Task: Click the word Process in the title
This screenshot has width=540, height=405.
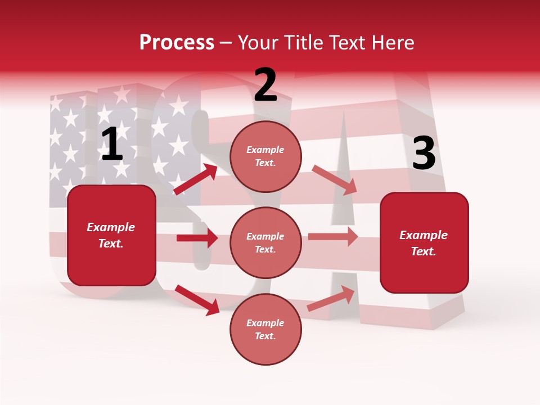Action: (x=177, y=43)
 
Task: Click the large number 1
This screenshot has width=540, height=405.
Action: (x=112, y=145)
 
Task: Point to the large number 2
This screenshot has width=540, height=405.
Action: (x=265, y=85)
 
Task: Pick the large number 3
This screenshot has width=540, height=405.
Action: (x=424, y=154)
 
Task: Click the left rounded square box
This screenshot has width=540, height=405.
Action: (x=111, y=235)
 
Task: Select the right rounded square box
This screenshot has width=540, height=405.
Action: (x=424, y=242)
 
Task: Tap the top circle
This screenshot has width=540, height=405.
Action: (x=265, y=156)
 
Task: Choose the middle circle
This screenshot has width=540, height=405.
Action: (x=265, y=242)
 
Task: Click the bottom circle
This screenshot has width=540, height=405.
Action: (x=265, y=329)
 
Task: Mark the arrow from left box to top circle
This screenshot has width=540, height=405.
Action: (x=195, y=179)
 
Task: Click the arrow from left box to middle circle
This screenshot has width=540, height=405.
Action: (x=197, y=238)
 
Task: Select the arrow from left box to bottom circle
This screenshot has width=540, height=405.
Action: (x=197, y=299)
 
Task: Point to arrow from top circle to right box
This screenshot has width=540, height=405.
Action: (x=334, y=179)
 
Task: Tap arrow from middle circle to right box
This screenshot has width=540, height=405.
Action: (x=333, y=237)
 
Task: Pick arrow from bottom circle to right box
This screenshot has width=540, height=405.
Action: (x=331, y=299)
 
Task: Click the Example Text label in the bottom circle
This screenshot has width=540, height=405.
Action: (x=265, y=330)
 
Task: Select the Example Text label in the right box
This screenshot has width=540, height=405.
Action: (x=424, y=243)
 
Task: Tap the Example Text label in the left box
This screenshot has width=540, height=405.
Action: (x=111, y=235)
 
